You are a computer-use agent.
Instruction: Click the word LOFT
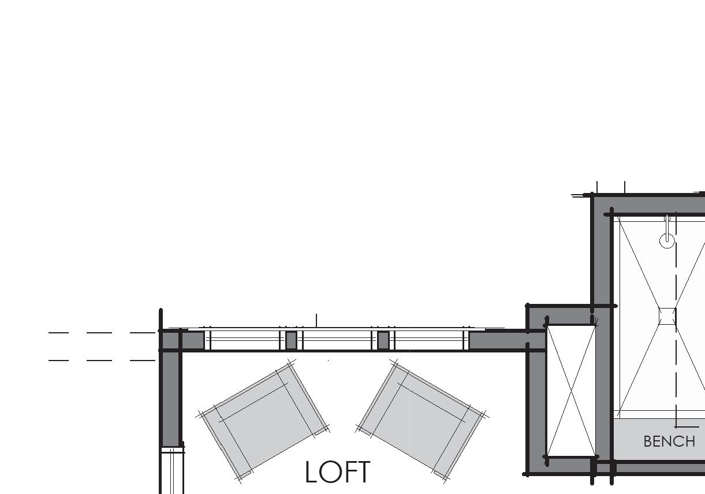tap(337, 473)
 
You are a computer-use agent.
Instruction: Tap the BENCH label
tap(669, 441)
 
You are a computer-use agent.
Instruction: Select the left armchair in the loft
tap(264, 421)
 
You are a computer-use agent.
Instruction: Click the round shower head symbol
tap(667, 240)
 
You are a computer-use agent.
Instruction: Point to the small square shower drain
tap(667, 316)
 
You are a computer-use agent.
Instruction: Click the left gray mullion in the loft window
tap(291, 340)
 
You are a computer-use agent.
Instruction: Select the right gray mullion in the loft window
tap(383, 340)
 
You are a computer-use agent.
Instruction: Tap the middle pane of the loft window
tap(337, 340)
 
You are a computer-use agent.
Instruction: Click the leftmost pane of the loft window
tap(245, 340)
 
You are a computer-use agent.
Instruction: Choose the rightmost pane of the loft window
tap(428, 340)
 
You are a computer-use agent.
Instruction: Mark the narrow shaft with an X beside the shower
tap(571, 391)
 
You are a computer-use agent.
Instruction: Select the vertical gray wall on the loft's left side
tap(170, 399)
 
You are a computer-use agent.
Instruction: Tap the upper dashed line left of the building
tap(101, 333)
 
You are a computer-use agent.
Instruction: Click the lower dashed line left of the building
tap(101, 361)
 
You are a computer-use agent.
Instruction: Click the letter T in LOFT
tap(362, 473)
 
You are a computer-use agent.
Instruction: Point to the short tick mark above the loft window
tap(316, 320)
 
